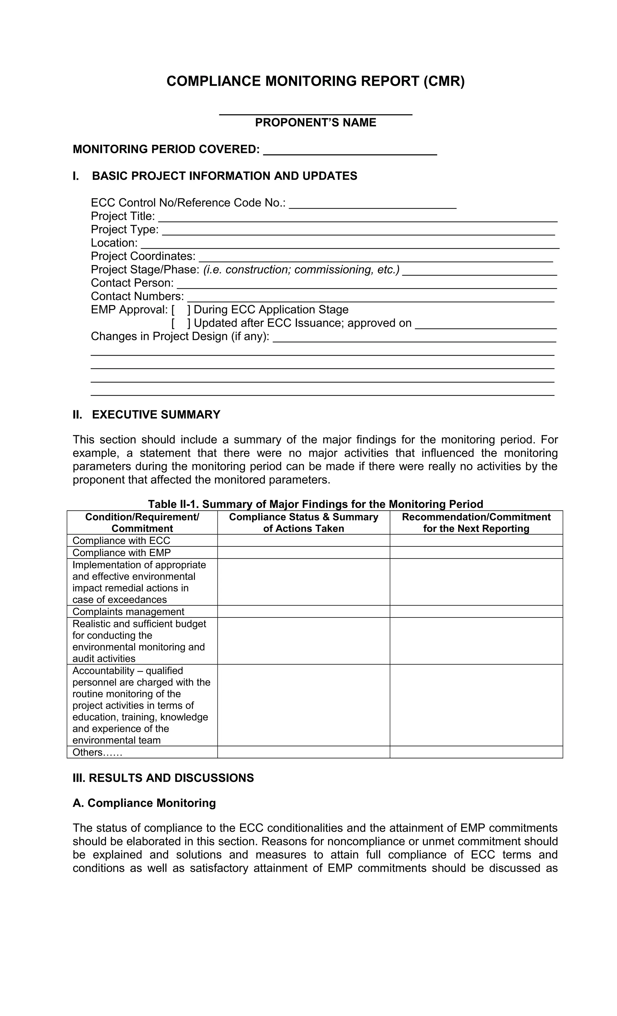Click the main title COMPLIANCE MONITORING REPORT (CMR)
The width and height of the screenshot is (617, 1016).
click(x=315, y=81)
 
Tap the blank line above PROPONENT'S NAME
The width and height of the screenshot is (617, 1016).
click(x=315, y=113)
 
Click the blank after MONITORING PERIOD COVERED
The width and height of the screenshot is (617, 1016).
click(x=350, y=152)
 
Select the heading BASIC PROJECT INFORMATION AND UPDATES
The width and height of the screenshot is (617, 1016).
click(x=224, y=176)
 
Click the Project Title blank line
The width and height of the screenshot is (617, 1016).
click(x=358, y=219)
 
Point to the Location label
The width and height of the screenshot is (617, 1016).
click(x=114, y=243)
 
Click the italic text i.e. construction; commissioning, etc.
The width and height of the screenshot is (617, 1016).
click(x=301, y=270)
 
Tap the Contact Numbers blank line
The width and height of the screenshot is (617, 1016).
click(x=370, y=299)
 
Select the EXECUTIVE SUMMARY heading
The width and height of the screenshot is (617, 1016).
click(x=156, y=414)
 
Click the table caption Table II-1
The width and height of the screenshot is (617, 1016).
click(x=315, y=504)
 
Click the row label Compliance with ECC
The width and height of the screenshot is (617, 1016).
click(x=121, y=541)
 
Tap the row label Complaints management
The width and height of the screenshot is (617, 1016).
click(x=128, y=611)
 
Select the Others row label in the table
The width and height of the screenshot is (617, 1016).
click(x=97, y=752)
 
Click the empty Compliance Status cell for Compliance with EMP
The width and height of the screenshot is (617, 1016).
click(x=304, y=552)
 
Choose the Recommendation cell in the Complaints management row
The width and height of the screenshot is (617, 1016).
click(x=476, y=611)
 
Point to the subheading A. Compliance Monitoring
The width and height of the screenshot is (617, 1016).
click(x=144, y=803)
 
